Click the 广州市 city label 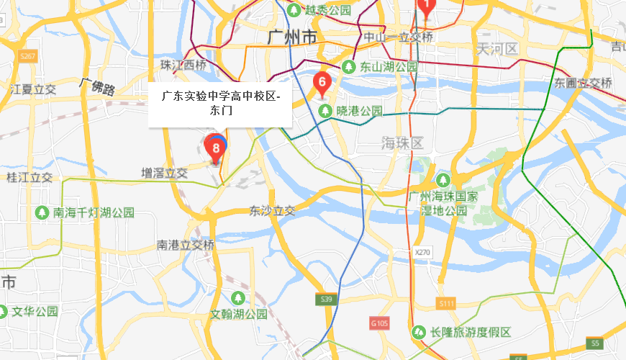coord(291,36)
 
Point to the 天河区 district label coord(496,49)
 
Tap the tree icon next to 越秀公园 coord(294,10)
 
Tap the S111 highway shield coord(446,304)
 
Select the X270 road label coord(422,253)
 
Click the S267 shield coord(27,55)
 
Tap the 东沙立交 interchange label coord(272,212)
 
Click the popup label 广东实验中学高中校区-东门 coord(220,104)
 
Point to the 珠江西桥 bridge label coord(183,65)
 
